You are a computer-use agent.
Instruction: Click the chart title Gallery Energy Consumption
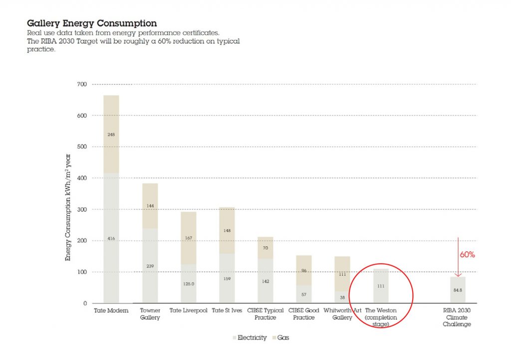click(91, 23)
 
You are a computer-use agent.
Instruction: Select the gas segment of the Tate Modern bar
click(111, 134)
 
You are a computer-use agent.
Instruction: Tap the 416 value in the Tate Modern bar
click(111, 239)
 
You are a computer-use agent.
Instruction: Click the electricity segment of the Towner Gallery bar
click(150, 266)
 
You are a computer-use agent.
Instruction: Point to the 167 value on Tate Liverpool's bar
click(189, 238)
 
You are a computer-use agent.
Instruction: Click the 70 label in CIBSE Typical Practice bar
click(265, 248)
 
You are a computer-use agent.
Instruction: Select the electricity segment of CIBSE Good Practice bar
click(304, 294)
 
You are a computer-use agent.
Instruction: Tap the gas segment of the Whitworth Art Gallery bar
click(342, 274)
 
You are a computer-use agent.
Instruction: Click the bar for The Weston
click(381, 286)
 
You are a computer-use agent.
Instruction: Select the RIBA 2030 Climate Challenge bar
click(458, 290)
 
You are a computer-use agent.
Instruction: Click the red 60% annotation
click(467, 255)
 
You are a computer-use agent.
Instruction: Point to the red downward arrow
click(458, 257)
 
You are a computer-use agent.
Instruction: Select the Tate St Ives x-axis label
click(227, 311)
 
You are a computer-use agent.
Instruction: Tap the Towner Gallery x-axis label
click(150, 314)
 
